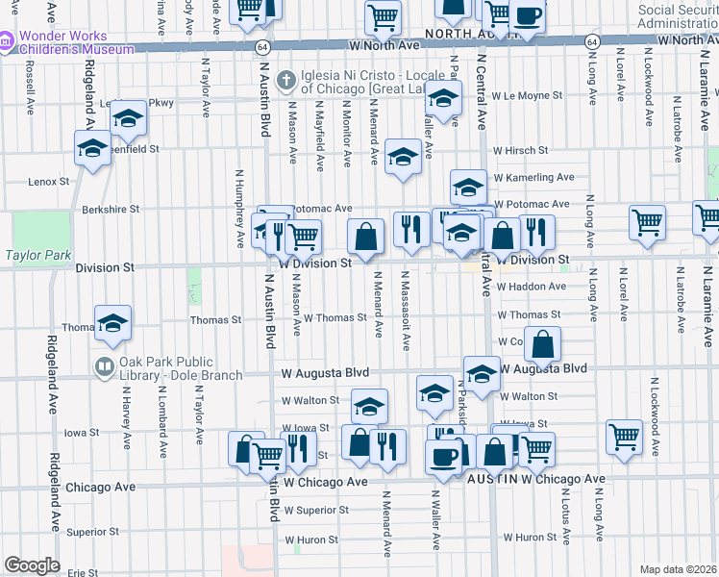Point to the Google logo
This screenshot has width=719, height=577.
tap(32, 565)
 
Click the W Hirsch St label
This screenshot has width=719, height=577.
tap(520, 151)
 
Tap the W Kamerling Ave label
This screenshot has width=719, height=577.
tap(533, 178)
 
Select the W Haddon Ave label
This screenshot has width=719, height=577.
tap(531, 287)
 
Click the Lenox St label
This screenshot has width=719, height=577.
tap(50, 181)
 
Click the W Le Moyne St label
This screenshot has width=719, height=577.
tap(527, 96)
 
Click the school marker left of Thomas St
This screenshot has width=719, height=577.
tap(112, 323)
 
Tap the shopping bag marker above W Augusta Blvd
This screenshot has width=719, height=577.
tap(542, 345)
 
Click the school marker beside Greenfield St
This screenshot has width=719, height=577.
tap(93, 149)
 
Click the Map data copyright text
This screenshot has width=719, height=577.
tap(678, 569)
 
